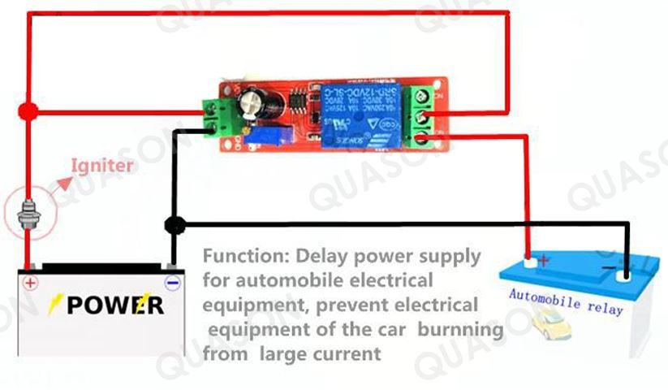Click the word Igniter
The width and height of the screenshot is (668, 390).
click(x=102, y=166)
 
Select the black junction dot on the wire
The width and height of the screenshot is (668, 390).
click(x=173, y=223)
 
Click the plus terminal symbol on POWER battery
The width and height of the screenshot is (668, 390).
click(x=30, y=283)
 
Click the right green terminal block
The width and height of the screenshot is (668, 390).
click(x=424, y=116)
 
